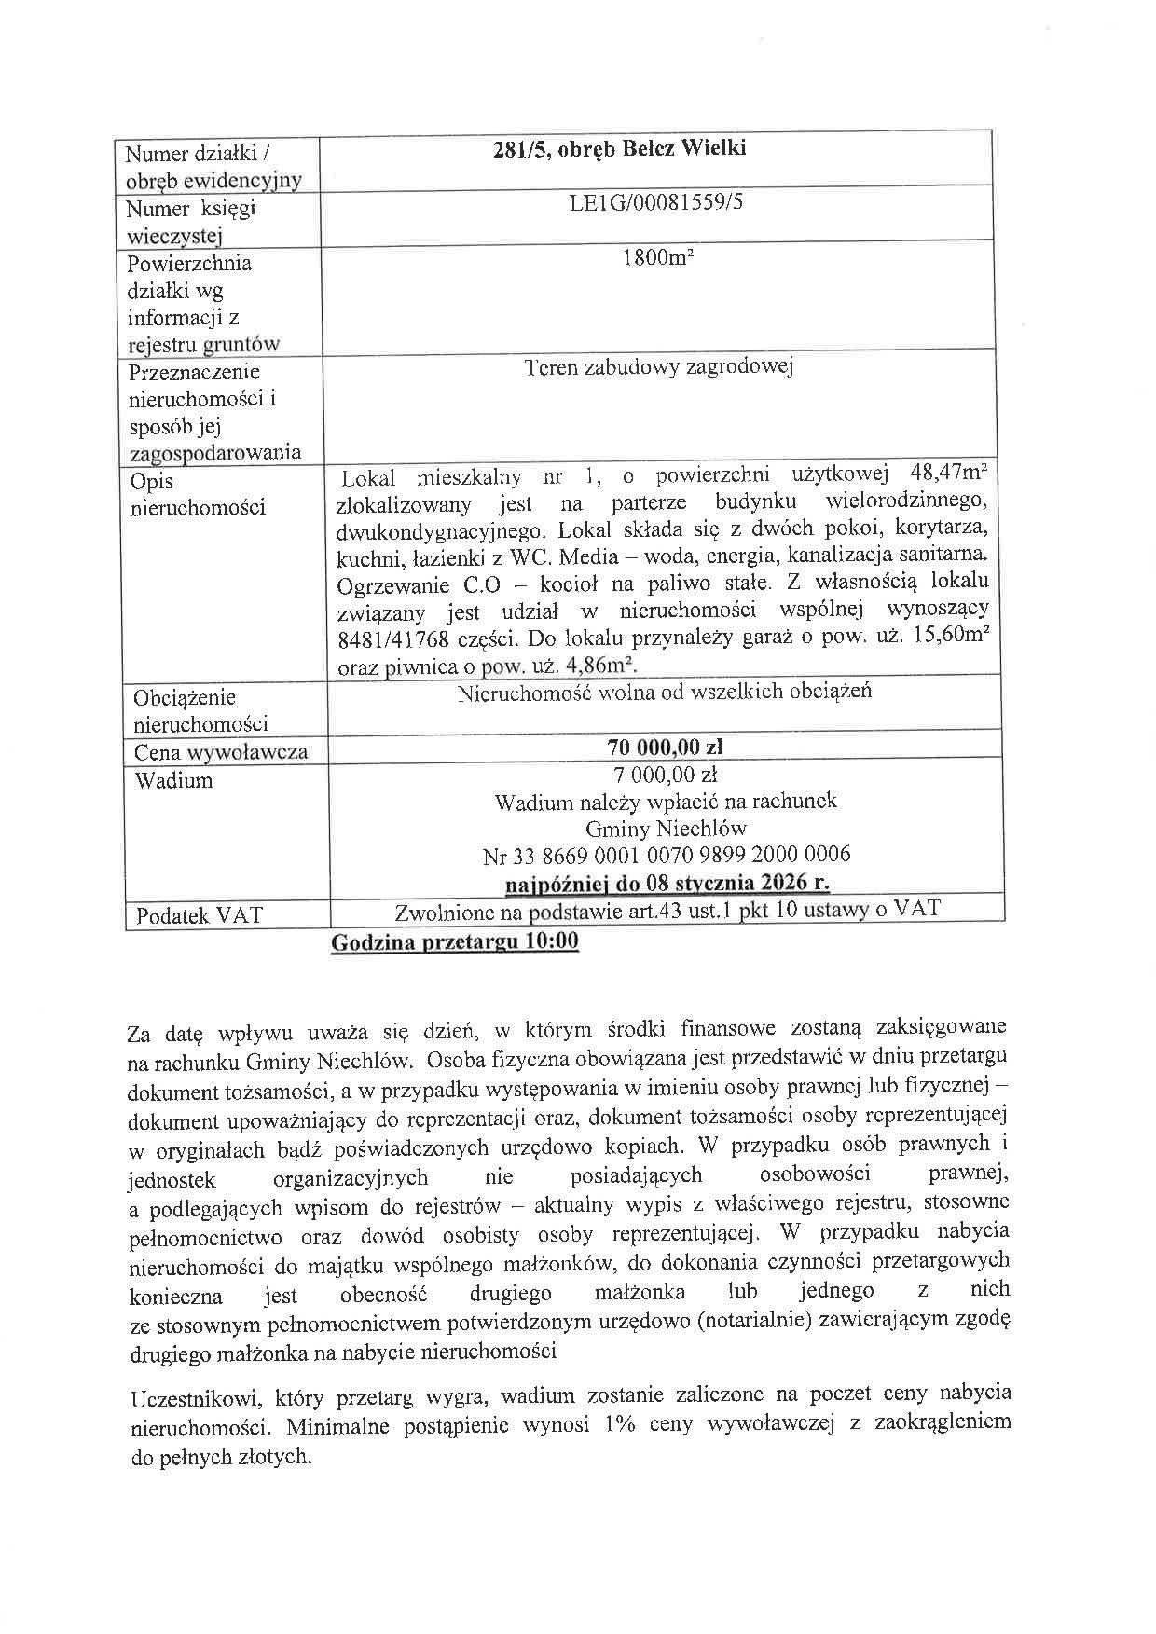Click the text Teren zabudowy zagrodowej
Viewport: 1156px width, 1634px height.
pyautogui.click(x=658, y=366)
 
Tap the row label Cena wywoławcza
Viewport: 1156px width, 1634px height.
pyautogui.click(x=220, y=752)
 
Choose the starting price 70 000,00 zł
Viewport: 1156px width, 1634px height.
pyautogui.click(x=665, y=747)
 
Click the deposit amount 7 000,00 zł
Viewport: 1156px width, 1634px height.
pyautogui.click(x=665, y=774)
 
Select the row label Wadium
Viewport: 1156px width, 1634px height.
pyautogui.click(x=173, y=780)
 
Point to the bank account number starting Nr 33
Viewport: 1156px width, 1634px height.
pyautogui.click(x=666, y=854)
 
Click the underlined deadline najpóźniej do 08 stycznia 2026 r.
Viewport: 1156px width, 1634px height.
pyautogui.click(x=667, y=882)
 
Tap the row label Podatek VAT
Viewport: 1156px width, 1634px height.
pyautogui.click(x=200, y=915)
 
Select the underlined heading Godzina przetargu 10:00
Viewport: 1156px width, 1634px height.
pyautogui.click(x=455, y=942)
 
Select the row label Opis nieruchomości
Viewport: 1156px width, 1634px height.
pyautogui.click(x=198, y=494)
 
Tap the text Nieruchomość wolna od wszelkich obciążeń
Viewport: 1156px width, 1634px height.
pyautogui.click(x=665, y=693)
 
